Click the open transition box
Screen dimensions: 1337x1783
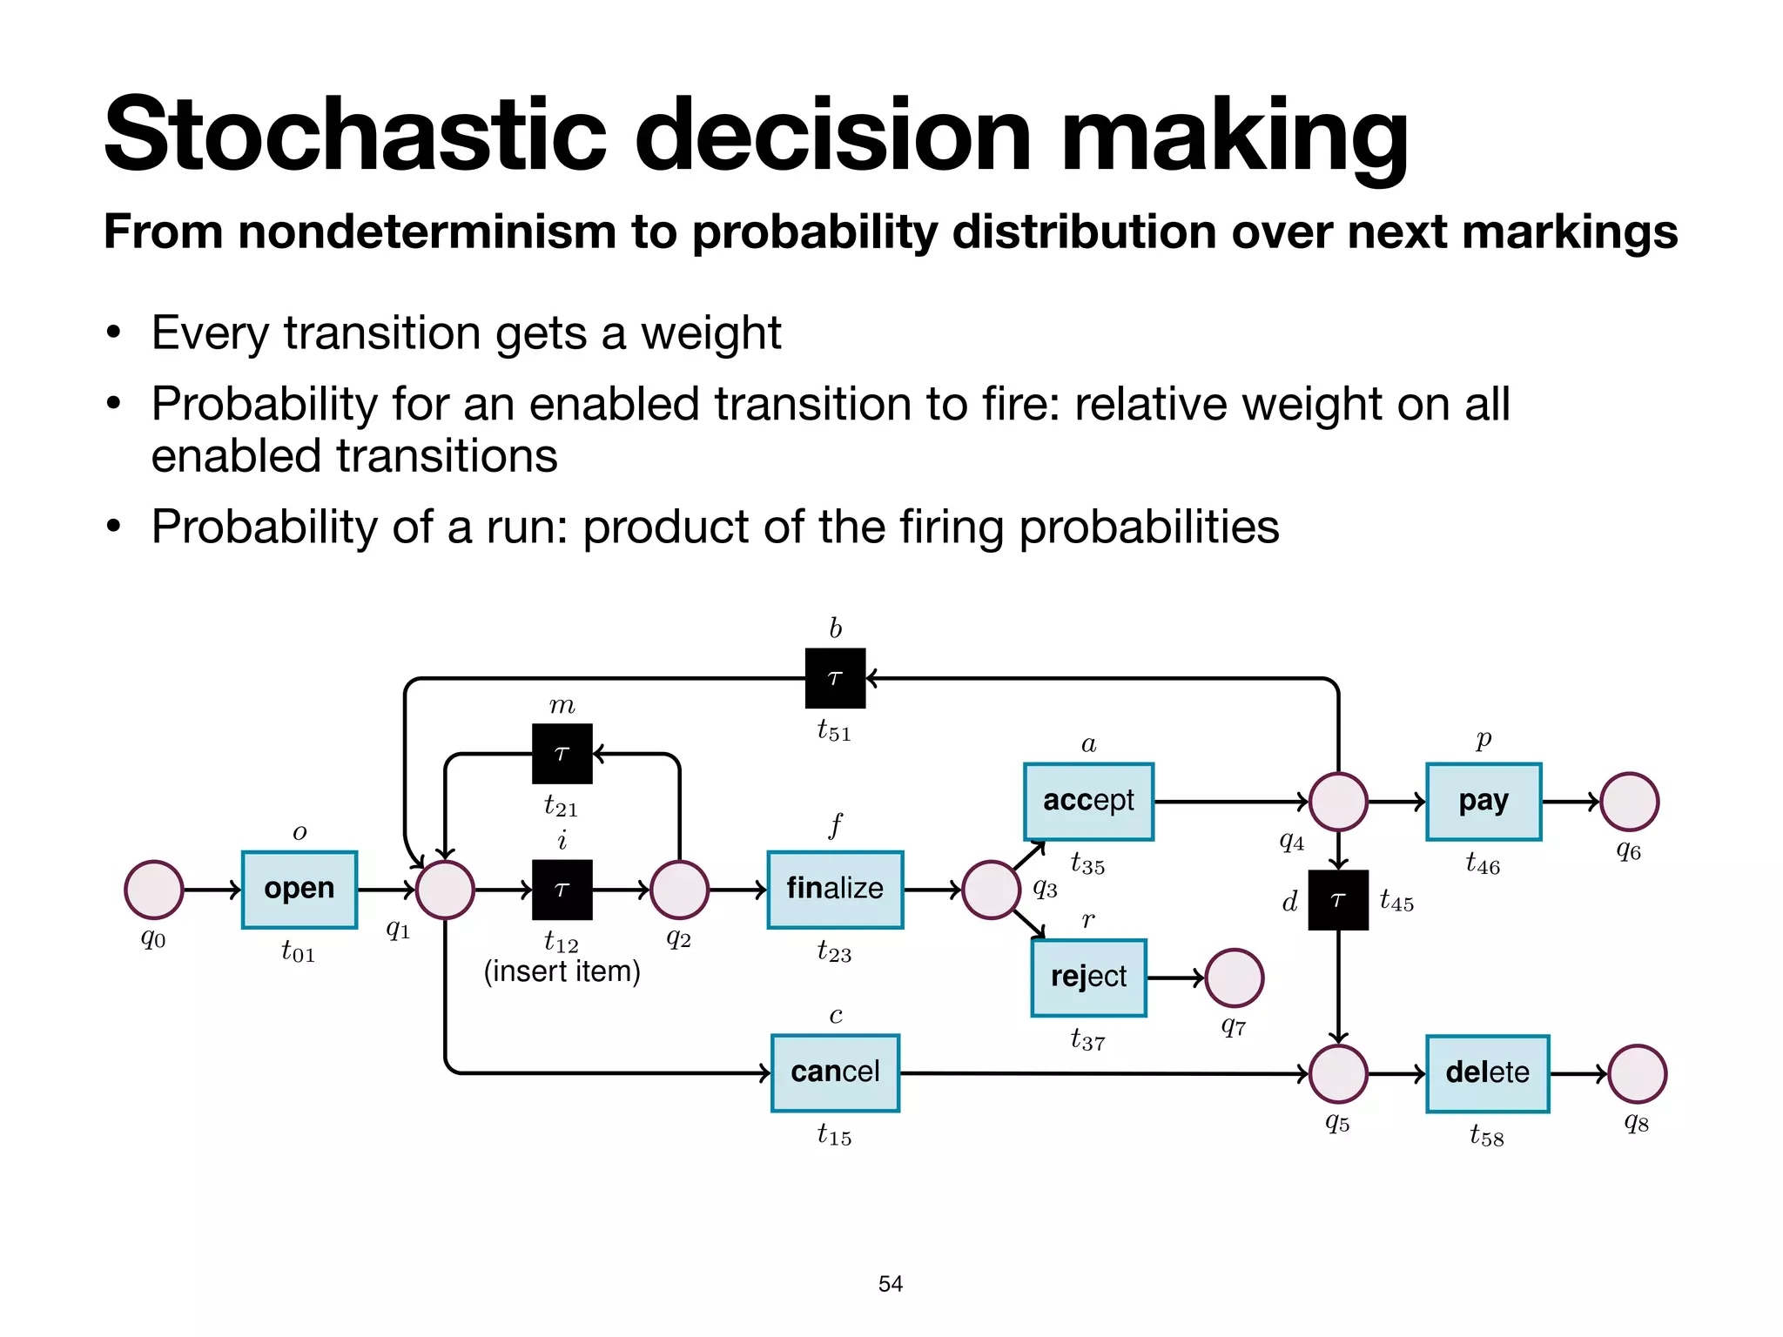299,890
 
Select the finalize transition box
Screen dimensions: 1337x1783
835,890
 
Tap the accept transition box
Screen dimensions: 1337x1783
1088,802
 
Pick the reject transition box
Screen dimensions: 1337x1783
1088,978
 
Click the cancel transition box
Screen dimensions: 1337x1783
835,1072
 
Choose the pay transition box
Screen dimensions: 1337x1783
1484,802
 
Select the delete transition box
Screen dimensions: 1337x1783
1487,1073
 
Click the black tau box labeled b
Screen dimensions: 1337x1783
835,678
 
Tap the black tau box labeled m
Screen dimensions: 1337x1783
562,754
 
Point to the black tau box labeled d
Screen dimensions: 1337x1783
1338,900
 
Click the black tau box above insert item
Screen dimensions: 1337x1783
562,890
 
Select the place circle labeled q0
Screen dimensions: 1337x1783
154,890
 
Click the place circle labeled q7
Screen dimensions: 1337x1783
1235,978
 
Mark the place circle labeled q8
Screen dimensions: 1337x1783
1637,1073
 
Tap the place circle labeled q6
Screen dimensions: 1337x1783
1629,802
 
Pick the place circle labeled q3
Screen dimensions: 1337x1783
991,890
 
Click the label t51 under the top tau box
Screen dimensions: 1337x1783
834,730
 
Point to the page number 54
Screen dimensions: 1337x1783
891,1284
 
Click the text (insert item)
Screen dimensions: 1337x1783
562,971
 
